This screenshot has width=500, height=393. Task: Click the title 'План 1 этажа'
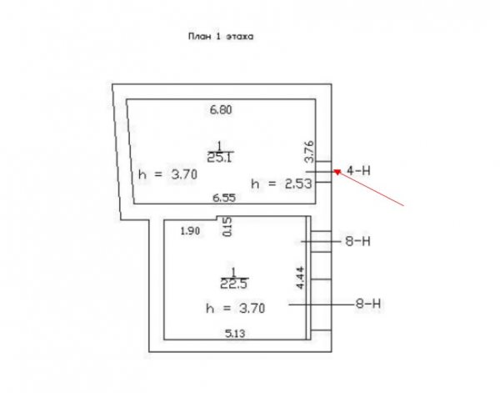click(221, 37)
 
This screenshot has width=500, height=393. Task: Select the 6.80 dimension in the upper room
click(221, 110)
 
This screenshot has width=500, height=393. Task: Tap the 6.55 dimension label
click(224, 198)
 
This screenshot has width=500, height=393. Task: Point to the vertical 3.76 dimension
click(309, 152)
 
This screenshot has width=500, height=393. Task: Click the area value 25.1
click(220, 158)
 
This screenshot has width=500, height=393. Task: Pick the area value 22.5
click(234, 284)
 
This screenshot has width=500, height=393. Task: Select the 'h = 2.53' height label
click(282, 184)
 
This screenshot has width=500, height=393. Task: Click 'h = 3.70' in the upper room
click(168, 174)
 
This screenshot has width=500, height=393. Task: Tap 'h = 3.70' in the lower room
click(236, 309)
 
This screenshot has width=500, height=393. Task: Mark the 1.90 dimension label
click(190, 231)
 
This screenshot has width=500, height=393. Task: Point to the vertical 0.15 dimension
click(227, 227)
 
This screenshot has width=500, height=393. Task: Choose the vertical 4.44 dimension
click(301, 278)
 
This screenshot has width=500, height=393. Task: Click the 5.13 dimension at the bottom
click(235, 334)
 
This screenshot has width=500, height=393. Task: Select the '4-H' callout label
click(358, 171)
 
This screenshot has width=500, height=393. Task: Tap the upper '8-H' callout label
click(358, 241)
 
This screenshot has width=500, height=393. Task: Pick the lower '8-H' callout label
click(368, 304)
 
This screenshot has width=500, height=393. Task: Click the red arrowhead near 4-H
click(337, 172)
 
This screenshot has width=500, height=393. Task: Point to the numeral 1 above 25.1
click(219, 147)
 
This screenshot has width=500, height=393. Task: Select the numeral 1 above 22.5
click(233, 273)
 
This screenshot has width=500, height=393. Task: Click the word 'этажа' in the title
click(240, 37)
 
